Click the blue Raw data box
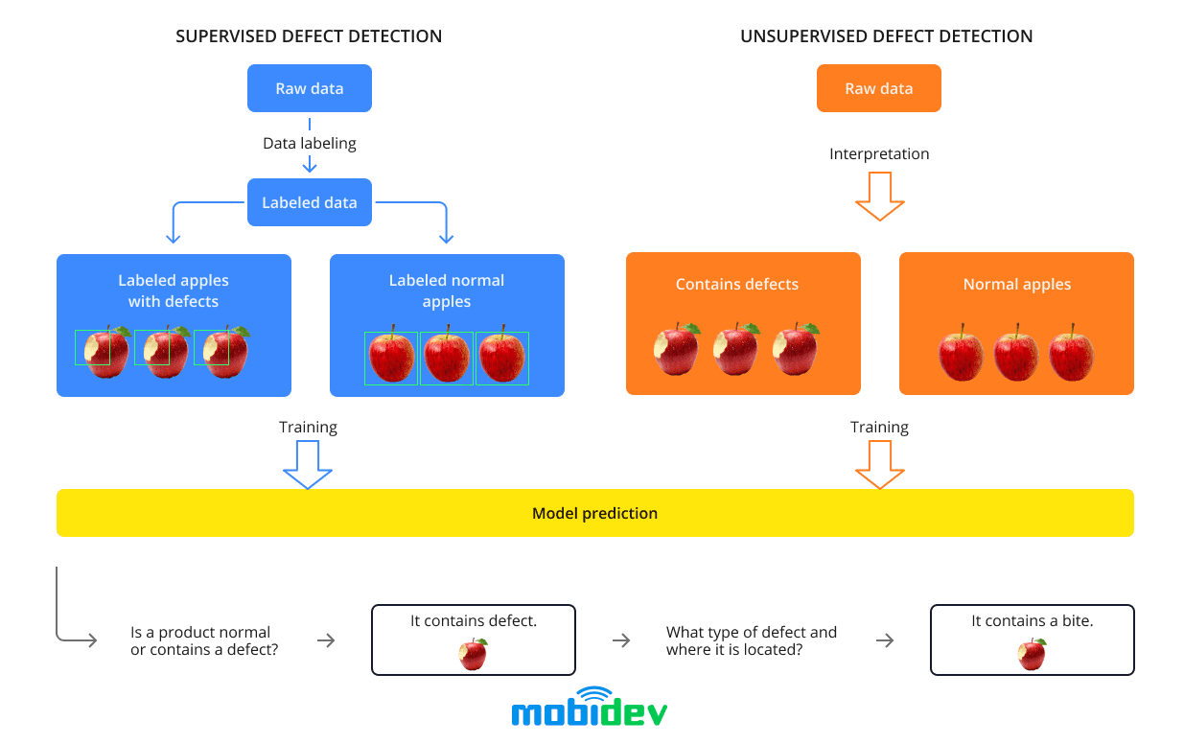[309, 88]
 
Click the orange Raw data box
[878, 88]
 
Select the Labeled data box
[309, 202]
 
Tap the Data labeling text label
[309, 143]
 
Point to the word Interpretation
[879, 153]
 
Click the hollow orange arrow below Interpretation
[879, 197]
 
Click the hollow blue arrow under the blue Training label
[308, 464]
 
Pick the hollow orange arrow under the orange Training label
[879, 464]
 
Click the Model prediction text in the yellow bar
[594, 513]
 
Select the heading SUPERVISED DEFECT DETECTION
[309, 36]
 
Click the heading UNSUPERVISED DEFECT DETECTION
[886, 36]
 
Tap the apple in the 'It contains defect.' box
[473, 654]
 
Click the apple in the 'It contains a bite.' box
[1032, 654]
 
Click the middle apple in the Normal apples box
[1016, 353]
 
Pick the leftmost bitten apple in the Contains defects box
[677, 350]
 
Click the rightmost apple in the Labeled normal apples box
[501, 357]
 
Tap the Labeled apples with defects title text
[174, 291]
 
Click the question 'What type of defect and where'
[751, 640]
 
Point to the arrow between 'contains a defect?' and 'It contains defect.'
[326, 640]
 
